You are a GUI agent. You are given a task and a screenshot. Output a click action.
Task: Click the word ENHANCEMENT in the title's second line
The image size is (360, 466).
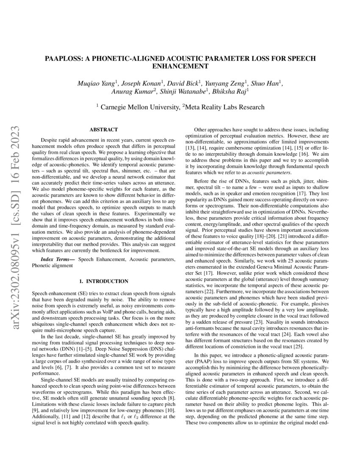[180, 67]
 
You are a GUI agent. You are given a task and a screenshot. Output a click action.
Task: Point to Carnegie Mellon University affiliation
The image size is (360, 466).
[138, 107]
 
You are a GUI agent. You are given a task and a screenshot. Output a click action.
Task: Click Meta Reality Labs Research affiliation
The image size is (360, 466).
[224, 107]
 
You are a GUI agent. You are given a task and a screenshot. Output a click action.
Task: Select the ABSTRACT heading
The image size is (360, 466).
[103, 129]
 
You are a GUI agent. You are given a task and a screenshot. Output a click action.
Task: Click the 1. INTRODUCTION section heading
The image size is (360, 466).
[104, 281]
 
